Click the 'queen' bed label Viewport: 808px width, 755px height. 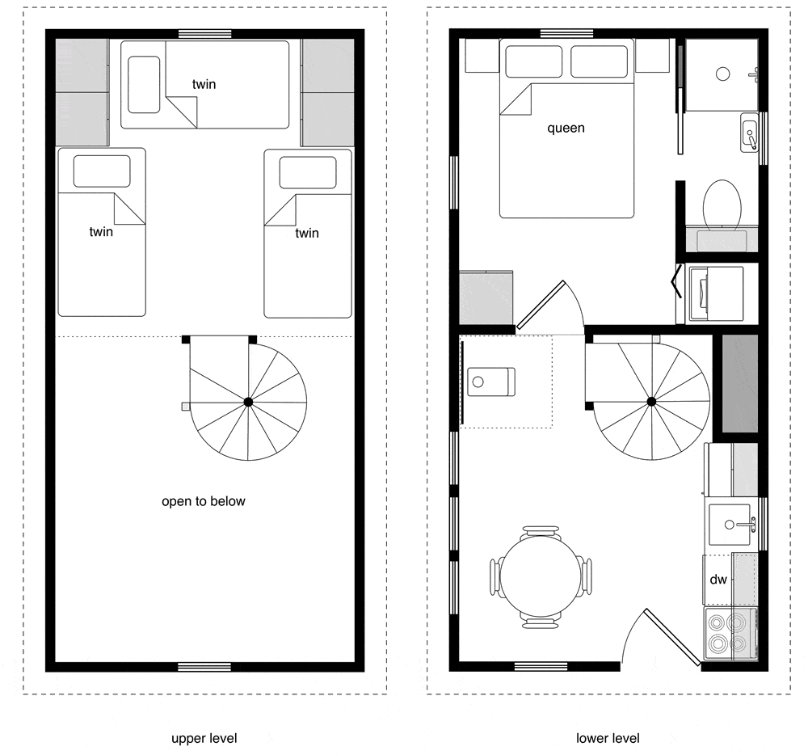[x=566, y=128]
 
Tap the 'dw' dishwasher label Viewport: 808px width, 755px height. [x=718, y=580]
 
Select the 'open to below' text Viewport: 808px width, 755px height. [x=204, y=501]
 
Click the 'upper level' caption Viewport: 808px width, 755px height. [x=204, y=739]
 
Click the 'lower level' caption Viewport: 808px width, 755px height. [x=608, y=739]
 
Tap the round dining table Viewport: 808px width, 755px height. [x=541, y=576]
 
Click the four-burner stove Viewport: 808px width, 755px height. [x=730, y=634]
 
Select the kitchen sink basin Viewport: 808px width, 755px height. [x=729, y=525]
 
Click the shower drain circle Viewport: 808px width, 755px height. [x=723, y=74]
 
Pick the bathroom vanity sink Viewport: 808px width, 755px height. [x=750, y=133]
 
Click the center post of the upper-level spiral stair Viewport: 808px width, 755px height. [x=248, y=402]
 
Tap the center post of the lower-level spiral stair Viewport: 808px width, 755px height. [x=652, y=402]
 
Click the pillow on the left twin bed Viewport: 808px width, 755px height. [x=102, y=171]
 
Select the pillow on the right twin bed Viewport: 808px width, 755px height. [x=308, y=173]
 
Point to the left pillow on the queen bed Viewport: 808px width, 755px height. [x=533, y=61]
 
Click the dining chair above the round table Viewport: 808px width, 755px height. [x=541, y=531]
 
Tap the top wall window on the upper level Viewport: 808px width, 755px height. [x=204, y=34]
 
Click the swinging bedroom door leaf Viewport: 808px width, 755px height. [x=541, y=305]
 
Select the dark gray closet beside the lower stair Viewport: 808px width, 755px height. [x=740, y=383]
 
